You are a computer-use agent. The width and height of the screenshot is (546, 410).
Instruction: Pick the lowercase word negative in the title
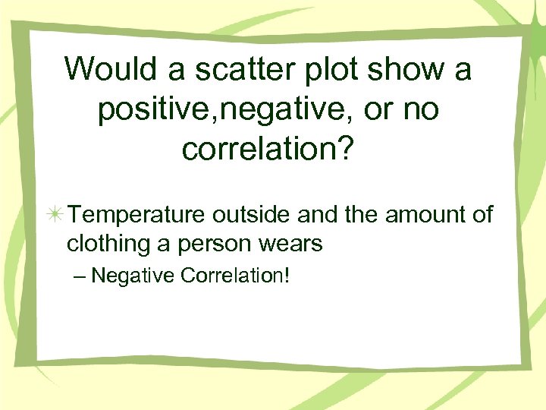pyautogui.click(x=259, y=111)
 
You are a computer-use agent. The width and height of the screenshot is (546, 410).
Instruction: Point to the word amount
pyautogui.click(x=425, y=216)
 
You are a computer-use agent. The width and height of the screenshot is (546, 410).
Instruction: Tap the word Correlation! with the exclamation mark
pyautogui.click(x=236, y=274)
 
